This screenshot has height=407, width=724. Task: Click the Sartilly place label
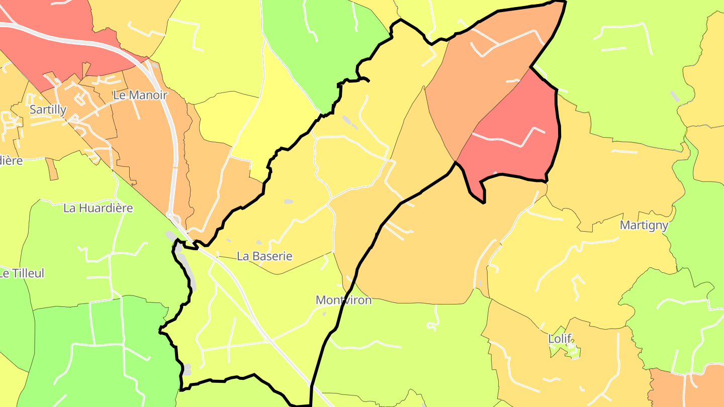(x=48, y=110)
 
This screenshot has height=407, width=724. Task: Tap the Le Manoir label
(x=140, y=94)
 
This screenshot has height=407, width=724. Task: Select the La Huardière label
(x=98, y=208)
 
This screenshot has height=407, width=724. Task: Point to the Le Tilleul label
(x=22, y=273)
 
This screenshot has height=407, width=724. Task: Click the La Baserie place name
(x=264, y=256)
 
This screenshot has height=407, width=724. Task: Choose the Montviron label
(x=343, y=300)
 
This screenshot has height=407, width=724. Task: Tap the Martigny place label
(x=644, y=225)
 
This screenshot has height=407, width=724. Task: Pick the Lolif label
(x=560, y=339)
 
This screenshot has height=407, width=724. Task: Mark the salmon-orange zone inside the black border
(x=483, y=70)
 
